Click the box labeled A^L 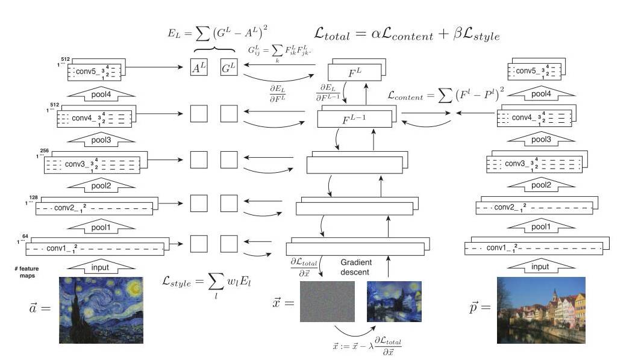198,68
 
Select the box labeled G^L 229,68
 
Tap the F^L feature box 355,73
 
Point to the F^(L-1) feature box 355,119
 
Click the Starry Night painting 101,309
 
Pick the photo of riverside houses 541,309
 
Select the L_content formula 458,95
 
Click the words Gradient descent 356,267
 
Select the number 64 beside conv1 26,237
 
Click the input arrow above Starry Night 101,266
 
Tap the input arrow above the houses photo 540,266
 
